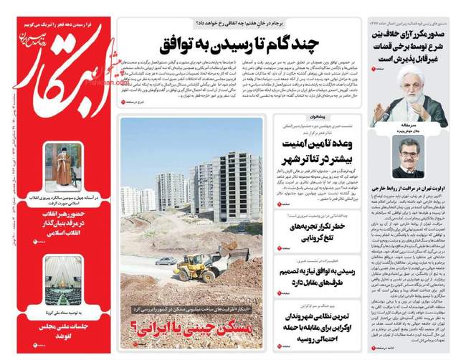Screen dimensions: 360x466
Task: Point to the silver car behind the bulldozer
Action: pos(166,260)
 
